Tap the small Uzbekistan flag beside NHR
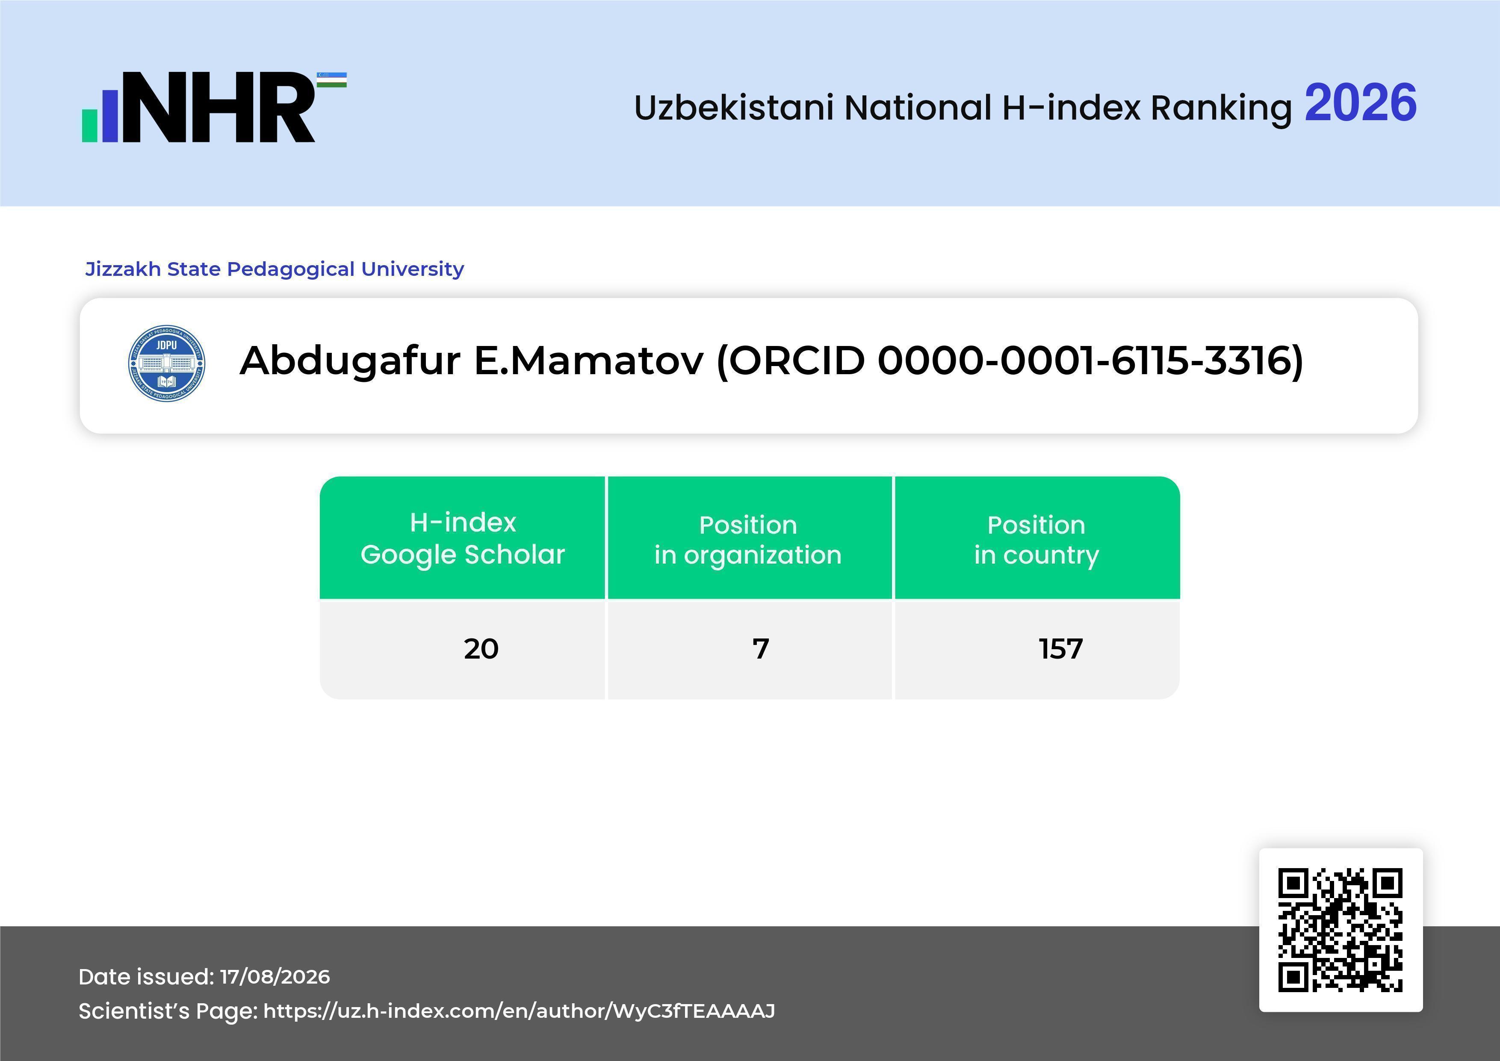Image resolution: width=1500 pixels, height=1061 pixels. click(332, 80)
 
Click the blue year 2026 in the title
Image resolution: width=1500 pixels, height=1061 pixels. click(1360, 103)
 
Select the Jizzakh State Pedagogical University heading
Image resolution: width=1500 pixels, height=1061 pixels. click(275, 269)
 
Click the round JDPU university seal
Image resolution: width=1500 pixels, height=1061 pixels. click(167, 363)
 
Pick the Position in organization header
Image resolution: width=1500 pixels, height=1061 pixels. click(748, 540)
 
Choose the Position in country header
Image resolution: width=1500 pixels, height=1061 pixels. click(1036, 540)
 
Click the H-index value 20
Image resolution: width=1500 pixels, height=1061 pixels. click(481, 649)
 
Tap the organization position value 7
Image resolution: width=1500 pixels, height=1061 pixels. click(760, 649)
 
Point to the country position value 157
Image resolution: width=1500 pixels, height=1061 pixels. click(1061, 649)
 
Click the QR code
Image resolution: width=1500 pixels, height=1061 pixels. click(1341, 930)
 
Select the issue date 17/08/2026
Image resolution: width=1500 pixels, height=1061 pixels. click(275, 977)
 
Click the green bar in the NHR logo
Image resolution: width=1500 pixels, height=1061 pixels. click(89, 125)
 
